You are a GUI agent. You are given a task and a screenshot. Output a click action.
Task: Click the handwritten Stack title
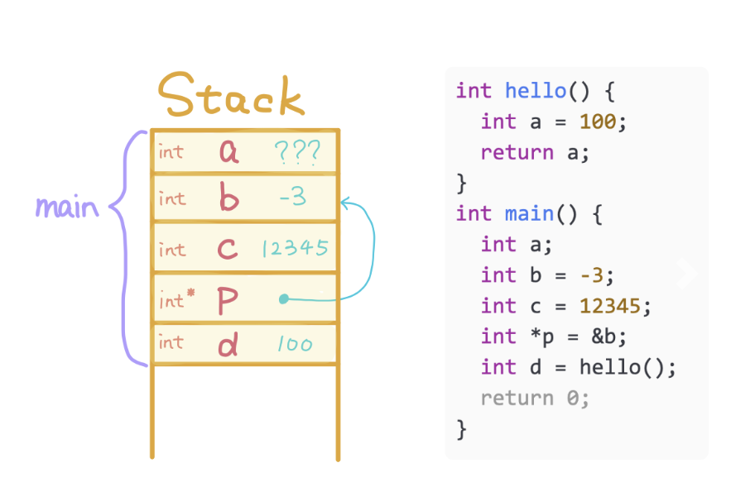pyautogui.click(x=232, y=97)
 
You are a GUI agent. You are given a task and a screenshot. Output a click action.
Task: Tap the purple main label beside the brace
pyautogui.click(x=66, y=207)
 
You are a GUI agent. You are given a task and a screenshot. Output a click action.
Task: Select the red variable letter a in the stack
pyautogui.click(x=228, y=151)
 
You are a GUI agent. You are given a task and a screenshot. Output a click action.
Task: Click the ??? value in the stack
pyautogui.click(x=294, y=151)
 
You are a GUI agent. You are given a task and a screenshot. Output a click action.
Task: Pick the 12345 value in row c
pyautogui.click(x=295, y=248)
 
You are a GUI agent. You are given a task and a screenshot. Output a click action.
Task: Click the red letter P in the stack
pyautogui.click(x=228, y=301)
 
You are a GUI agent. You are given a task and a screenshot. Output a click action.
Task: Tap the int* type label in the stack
pyautogui.click(x=176, y=299)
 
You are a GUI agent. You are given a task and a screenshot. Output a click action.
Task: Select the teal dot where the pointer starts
pyautogui.click(x=284, y=299)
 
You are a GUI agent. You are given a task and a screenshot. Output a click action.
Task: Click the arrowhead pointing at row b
pyautogui.click(x=346, y=202)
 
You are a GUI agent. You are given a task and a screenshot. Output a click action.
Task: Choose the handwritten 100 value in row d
pyautogui.click(x=295, y=343)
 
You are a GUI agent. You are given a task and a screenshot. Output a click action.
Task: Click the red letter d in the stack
pyautogui.click(x=228, y=343)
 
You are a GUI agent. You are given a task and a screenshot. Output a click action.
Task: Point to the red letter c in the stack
pyautogui.click(x=229, y=249)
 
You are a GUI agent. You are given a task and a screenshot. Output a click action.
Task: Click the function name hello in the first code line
pyautogui.click(x=535, y=91)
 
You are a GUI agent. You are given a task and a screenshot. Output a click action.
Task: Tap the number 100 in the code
pyautogui.click(x=598, y=122)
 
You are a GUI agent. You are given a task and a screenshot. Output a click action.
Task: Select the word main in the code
pyautogui.click(x=529, y=214)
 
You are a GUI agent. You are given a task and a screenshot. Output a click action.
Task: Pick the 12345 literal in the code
pyautogui.click(x=609, y=306)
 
